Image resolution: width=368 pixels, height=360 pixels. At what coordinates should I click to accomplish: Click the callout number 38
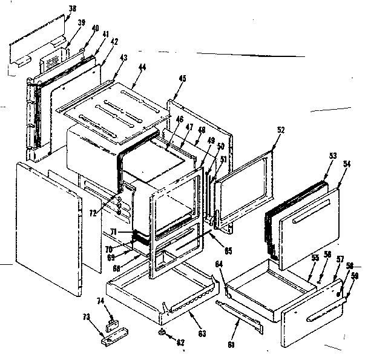73,8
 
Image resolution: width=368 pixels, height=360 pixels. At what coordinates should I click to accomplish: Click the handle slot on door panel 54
312,222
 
